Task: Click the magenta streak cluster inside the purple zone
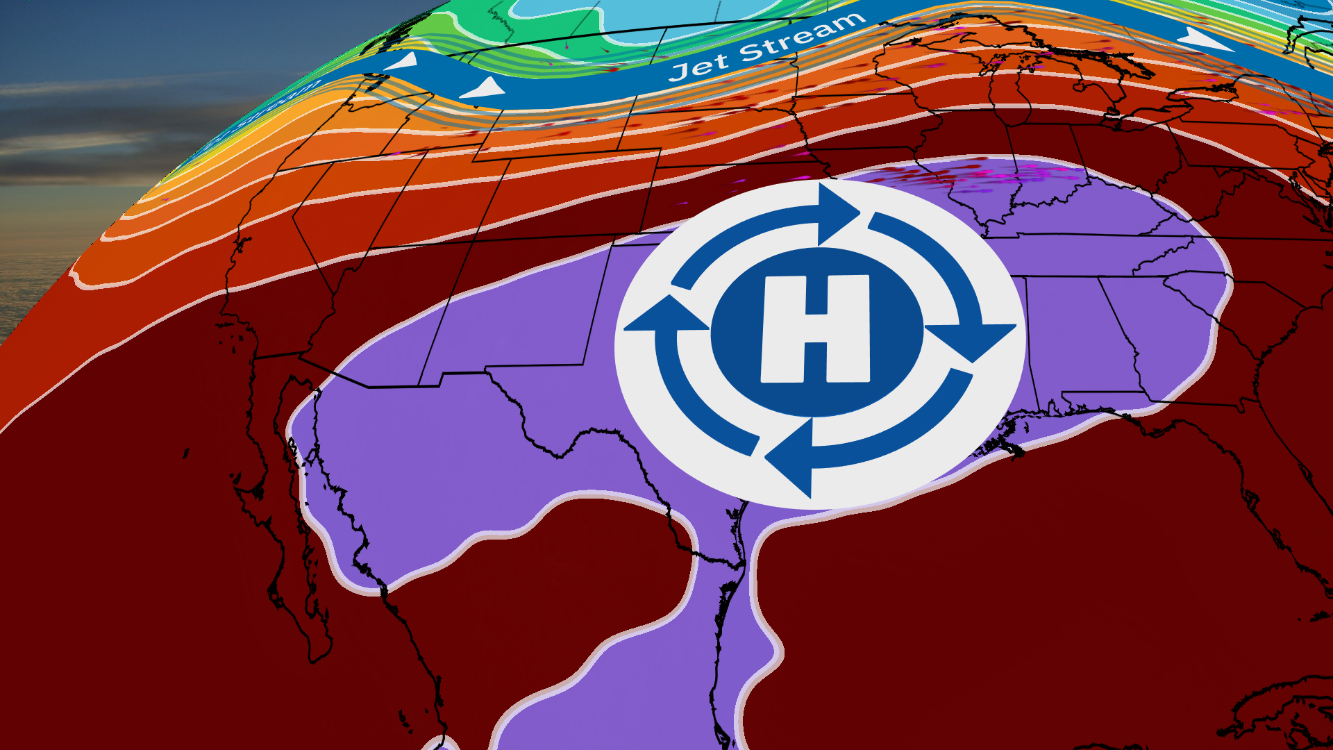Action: coord(986,174)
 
